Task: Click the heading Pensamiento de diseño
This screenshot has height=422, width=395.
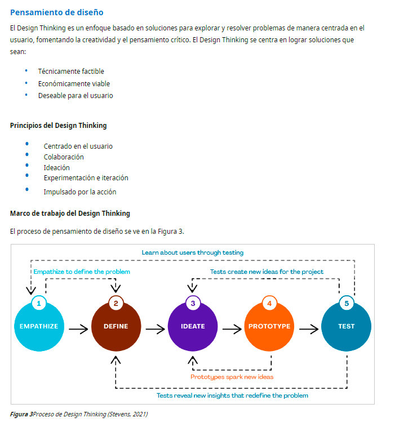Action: coord(57,12)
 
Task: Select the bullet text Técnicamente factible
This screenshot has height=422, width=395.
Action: coord(71,72)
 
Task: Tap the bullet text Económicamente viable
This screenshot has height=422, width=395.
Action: coord(74,84)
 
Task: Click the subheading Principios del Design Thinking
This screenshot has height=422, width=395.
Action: coord(58,126)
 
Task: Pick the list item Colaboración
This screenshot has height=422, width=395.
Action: coord(64,157)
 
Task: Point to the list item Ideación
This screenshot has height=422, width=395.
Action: coord(57,167)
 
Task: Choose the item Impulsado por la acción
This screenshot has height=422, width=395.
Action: coord(80,192)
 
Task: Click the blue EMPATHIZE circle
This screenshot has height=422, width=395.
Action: coord(38,327)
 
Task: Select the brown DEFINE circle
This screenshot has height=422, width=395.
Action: coord(116,327)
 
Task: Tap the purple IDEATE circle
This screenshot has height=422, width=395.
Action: coord(193,327)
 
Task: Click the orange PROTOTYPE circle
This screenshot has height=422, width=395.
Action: coord(269,327)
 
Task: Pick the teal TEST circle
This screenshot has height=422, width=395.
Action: coord(346,327)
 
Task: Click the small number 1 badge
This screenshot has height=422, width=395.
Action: coord(39,303)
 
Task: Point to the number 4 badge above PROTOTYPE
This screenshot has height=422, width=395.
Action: coord(269,303)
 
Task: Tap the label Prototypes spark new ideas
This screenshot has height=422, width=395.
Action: coord(232,376)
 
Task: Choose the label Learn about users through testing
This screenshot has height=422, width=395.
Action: coord(193,252)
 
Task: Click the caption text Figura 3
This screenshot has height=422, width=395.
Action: coord(21,414)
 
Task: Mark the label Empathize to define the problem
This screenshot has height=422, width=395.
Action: coord(82,272)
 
